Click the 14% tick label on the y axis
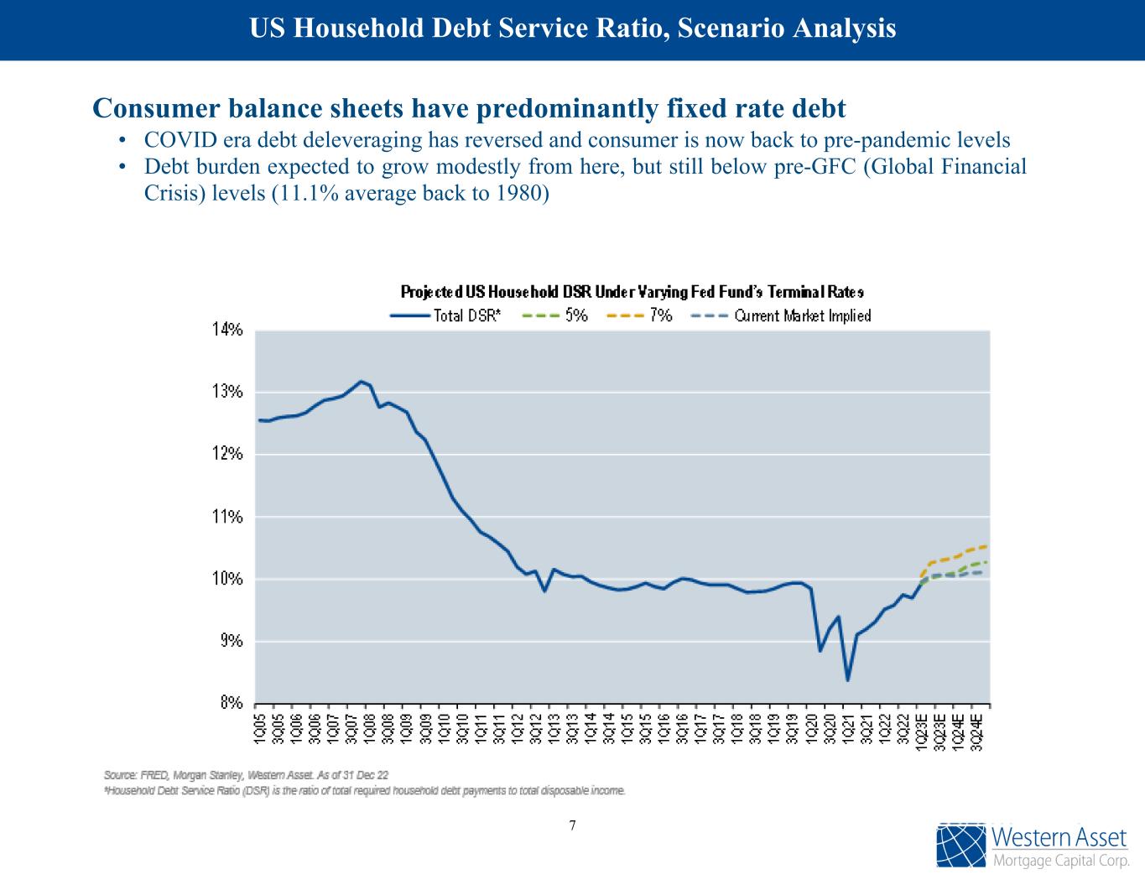click(226, 331)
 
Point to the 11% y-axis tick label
click(226, 517)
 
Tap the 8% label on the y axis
click(231, 703)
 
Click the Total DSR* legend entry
click(446, 316)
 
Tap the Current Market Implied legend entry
click(781, 316)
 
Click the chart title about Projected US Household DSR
click(632, 292)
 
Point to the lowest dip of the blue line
click(848, 679)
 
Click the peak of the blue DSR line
click(361, 382)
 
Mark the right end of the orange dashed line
click(985, 547)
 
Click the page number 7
click(573, 825)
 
